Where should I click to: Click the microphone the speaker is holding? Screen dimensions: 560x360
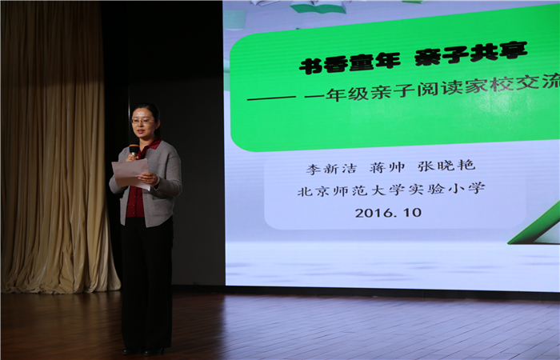pos(134,150)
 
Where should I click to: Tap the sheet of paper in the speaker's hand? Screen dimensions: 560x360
pos(130,174)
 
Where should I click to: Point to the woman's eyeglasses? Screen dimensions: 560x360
pos(142,121)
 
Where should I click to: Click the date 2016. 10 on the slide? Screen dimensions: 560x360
pos(388,213)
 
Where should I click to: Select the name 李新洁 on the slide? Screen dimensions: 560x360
pos(331,169)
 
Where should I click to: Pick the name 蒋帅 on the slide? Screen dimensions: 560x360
pos(387,167)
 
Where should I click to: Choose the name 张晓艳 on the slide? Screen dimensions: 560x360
pos(446,166)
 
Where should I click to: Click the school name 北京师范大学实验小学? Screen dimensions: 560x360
pos(391,190)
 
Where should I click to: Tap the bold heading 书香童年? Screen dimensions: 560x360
pos(350,63)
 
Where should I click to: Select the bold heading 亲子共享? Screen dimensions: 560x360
pos(471,54)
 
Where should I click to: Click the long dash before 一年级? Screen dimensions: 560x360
pos(271,98)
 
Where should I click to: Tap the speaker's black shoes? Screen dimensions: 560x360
pos(143,351)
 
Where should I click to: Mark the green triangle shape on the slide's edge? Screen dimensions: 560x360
pos(536,225)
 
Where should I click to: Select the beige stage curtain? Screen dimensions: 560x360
pos(57,146)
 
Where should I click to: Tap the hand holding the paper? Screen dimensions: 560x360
pos(148,178)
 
